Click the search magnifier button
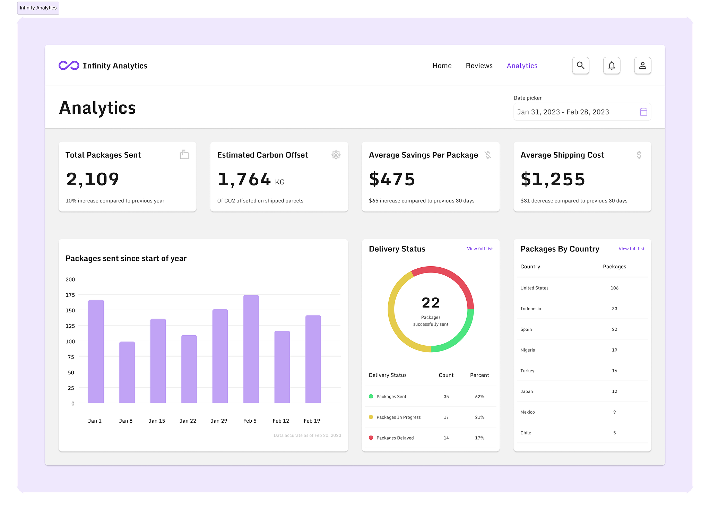coord(580,66)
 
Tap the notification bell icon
coord(612,66)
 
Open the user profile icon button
coord(642,66)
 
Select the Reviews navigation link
coord(479,66)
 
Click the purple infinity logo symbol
coord(69,66)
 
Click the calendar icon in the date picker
coord(643,112)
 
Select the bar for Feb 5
coord(251,348)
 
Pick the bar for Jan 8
coord(127,372)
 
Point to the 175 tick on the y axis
coord(70,295)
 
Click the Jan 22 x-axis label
coord(188,421)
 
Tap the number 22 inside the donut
coord(431,303)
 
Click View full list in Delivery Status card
coord(479,249)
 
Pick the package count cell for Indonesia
coord(614,309)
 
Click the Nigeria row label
coord(528,350)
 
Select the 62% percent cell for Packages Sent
coord(479,397)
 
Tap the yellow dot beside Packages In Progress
coord(371,417)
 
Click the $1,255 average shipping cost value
coord(553,179)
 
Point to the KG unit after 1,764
coord(280,182)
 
